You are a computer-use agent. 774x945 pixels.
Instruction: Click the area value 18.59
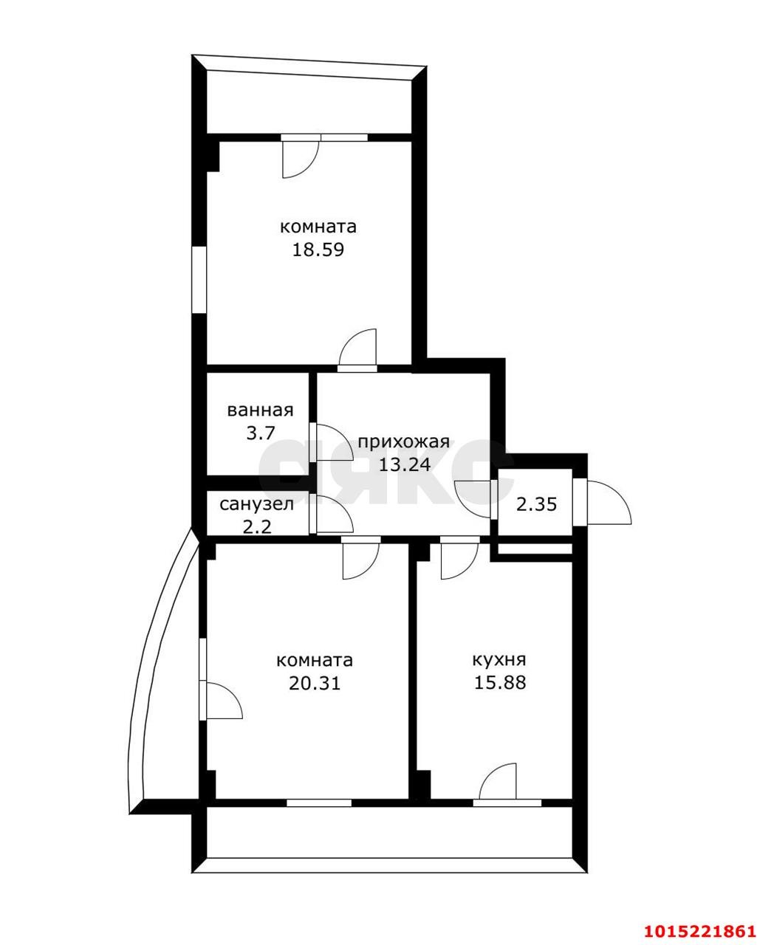[x=318, y=250]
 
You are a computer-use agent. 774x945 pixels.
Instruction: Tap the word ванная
[x=260, y=410]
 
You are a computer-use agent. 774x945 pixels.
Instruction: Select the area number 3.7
[x=260, y=433]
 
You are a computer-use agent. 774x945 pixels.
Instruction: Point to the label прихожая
[x=403, y=442]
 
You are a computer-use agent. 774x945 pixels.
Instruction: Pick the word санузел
[x=257, y=504]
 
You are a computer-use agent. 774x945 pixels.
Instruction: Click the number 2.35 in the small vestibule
[x=536, y=505]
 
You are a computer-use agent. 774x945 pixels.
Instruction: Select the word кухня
[x=499, y=660]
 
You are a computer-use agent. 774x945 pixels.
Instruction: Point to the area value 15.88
[x=500, y=683]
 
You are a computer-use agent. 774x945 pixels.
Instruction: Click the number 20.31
[x=315, y=683]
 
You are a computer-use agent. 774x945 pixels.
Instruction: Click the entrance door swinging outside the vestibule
[x=607, y=504]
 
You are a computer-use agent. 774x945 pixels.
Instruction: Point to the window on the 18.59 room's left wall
[x=199, y=280]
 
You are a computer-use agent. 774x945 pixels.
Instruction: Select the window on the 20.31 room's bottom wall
[x=318, y=803]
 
